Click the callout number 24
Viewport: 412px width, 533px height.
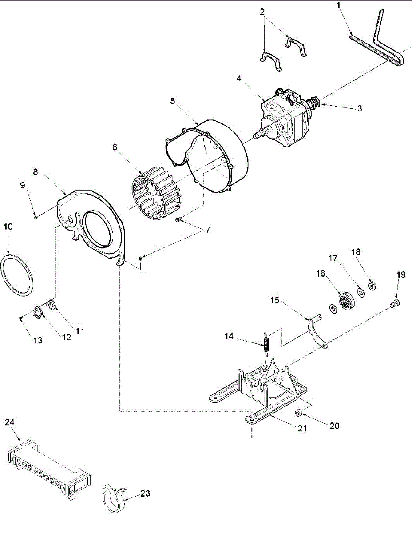(10, 422)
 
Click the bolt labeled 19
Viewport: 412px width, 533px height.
(394, 303)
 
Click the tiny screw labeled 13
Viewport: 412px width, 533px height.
(21, 317)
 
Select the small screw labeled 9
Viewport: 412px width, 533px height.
(35, 217)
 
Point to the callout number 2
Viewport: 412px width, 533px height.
(263, 11)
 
